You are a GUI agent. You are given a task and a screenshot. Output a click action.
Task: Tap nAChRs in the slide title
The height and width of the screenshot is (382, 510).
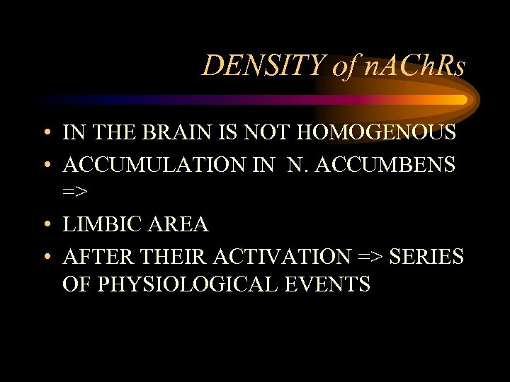pyautogui.click(x=419, y=66)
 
